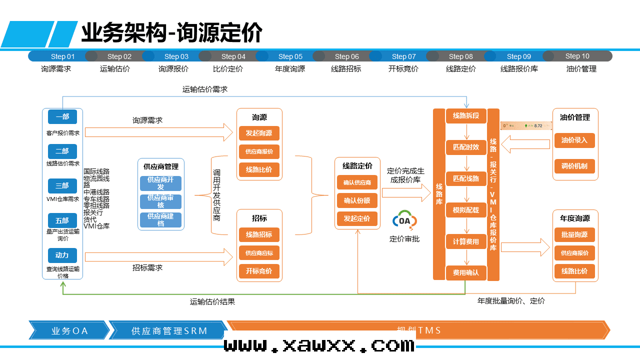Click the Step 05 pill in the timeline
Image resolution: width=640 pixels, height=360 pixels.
pos(290,56)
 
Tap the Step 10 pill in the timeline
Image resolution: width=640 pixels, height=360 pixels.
pos(577,56)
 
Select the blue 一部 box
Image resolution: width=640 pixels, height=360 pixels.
pos(62,117)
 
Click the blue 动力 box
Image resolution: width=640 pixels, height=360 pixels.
pos(62,255)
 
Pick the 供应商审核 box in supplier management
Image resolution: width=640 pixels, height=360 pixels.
pos(160,201)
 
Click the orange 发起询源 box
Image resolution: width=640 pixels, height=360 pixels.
pos(259,133)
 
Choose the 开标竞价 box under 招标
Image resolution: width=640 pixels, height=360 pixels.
pos(259,271)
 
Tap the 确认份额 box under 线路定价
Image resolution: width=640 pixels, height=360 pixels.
pos(357,200)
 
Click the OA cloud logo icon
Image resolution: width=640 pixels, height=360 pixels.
pos(404,220)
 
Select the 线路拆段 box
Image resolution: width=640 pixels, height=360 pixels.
pos(466,116)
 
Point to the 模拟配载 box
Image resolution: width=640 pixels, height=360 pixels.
pos(466,210)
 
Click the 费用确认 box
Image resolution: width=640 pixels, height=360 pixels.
pos(466,272)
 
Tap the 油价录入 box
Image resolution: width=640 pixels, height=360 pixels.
pos(574,140)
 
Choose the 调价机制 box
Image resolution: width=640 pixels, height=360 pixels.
pos(574,166)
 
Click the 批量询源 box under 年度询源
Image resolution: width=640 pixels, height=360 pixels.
pos(574,234)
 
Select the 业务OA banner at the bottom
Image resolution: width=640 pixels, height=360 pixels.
pos(69,330)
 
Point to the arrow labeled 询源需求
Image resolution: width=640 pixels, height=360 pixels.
pos(159,132)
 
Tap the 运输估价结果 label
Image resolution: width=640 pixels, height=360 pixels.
pos(212,301)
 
